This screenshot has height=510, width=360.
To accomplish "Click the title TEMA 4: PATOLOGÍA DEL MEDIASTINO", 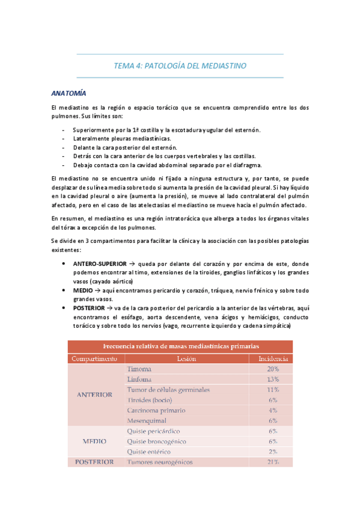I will click(180, 65).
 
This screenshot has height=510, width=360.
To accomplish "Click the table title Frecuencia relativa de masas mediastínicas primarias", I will click(181, 347).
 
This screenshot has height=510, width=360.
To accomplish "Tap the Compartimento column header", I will click(94, 359).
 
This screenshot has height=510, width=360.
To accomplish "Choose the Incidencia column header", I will click(273, 359).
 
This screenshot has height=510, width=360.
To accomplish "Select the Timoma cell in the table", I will click(139, 369).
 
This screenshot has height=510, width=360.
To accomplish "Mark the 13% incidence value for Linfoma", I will click(273, 379).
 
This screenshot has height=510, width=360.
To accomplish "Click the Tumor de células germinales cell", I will click(168, 390).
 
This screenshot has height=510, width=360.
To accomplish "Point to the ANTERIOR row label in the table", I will click(94, 395).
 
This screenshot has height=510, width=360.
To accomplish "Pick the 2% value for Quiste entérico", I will click(273, 451).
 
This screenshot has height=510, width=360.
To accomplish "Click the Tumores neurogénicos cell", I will click(159, 462).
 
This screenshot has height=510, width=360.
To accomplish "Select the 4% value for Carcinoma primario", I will click(273, 410).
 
